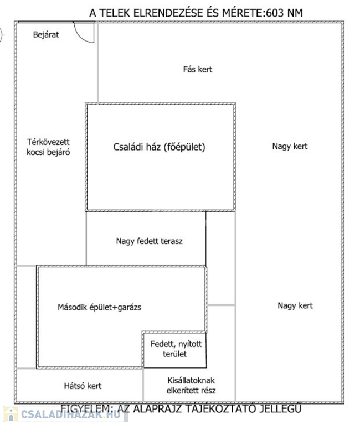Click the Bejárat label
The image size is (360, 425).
(45, 34)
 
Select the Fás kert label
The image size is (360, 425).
(198, 69)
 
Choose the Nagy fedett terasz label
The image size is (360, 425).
(150, 241)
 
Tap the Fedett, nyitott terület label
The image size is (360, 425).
(176, 349)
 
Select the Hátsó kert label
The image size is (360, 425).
(83, 386)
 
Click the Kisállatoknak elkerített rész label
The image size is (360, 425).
(192, 386)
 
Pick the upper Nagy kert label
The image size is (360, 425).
(290, 147)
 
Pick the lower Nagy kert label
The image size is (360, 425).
(295, 305)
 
